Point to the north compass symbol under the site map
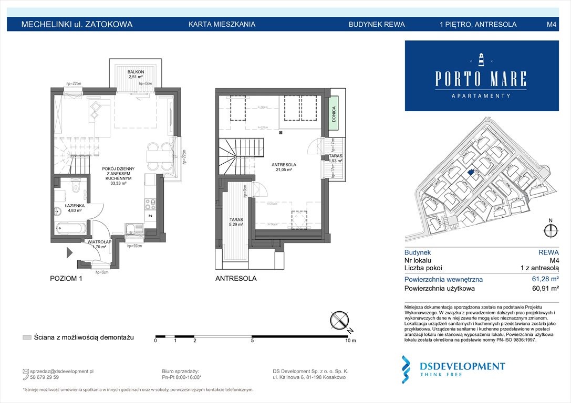point(551,230)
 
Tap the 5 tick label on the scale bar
point(253,341)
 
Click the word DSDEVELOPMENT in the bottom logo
point(461,366)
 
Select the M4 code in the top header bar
point(552,24)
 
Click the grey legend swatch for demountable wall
point(27,337)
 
